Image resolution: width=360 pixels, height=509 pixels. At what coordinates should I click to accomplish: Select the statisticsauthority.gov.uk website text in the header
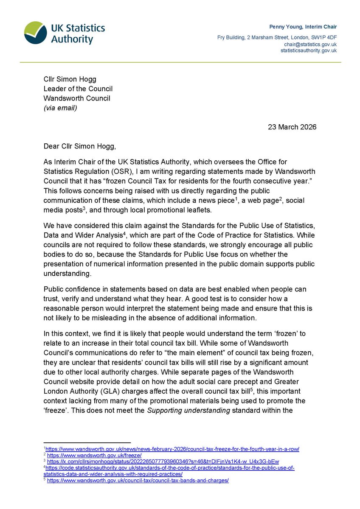pos(309,50)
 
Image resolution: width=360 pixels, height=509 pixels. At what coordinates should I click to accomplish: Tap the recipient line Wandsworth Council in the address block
pos(77,98)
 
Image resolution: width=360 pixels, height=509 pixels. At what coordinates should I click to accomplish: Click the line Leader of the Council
pos(78,89)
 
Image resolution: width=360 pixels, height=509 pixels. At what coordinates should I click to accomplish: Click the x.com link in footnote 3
pos(163,461)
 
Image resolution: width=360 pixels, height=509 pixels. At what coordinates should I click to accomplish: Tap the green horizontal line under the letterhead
pos(180,62)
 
